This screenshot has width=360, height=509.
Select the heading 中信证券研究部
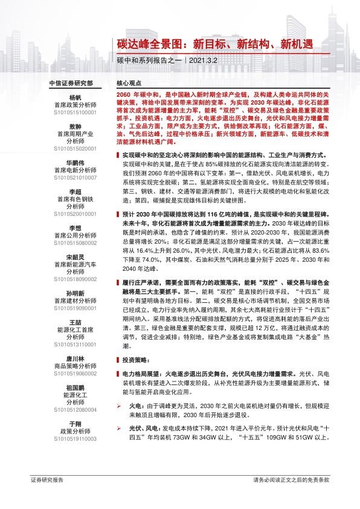tap(71, 83)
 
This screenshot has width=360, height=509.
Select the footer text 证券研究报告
tap(47, 480)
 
